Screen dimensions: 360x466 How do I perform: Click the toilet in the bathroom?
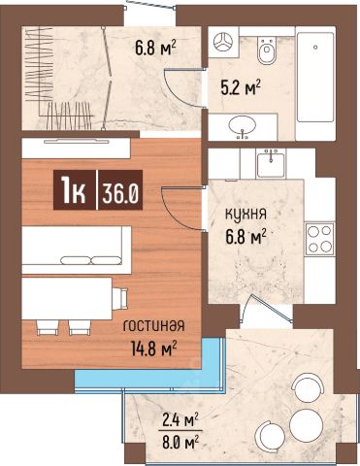267,50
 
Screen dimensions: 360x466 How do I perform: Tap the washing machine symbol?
223,42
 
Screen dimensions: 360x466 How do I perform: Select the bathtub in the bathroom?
315,77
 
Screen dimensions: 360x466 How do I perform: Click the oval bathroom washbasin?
243,125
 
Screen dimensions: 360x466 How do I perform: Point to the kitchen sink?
271,164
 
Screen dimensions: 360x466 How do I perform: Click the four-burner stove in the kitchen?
319,239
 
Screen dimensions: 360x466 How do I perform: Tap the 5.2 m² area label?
241,87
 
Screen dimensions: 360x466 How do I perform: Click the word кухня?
245,215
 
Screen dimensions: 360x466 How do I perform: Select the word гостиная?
154,325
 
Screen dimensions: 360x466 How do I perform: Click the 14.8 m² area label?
154,349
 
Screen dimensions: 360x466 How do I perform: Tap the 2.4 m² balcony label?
180,420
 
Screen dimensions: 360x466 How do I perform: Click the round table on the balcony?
306,425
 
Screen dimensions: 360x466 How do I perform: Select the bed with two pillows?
77,250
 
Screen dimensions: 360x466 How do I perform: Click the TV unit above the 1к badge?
76,149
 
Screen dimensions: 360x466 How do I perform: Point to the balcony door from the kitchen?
267,309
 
